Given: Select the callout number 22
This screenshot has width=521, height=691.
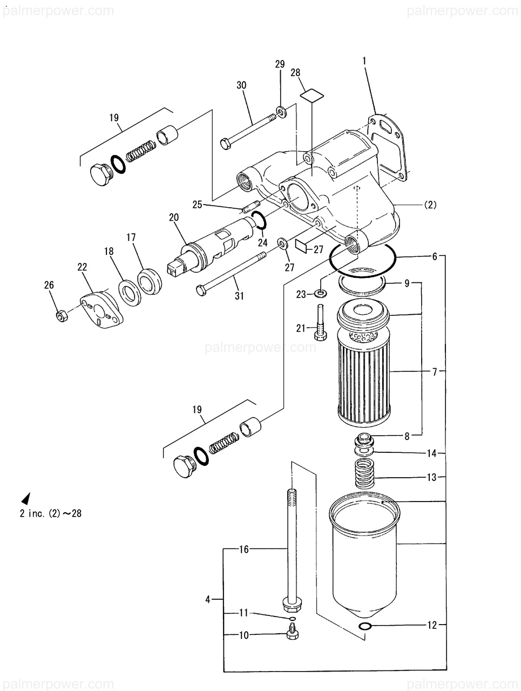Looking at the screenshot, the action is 82,267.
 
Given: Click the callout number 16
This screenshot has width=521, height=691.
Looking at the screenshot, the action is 244,550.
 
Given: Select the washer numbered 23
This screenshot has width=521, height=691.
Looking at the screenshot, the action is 321,294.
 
